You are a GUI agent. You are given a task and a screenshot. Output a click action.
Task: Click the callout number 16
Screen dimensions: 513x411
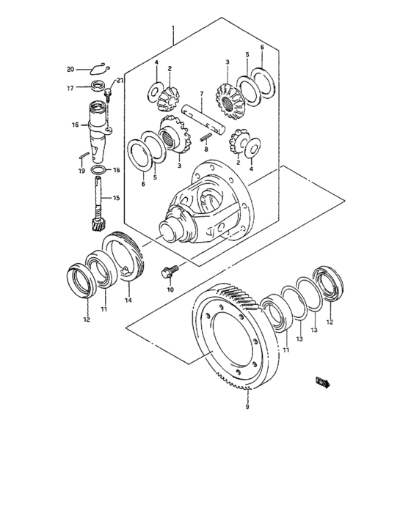tap(75, 125)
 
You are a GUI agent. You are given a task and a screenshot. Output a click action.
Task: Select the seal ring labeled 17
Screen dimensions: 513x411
tap(96, 87)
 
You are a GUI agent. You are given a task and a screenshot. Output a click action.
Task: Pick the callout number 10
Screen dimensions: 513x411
tap(170, 290)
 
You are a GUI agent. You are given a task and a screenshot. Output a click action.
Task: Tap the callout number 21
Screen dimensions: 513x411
tap(120, 81)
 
